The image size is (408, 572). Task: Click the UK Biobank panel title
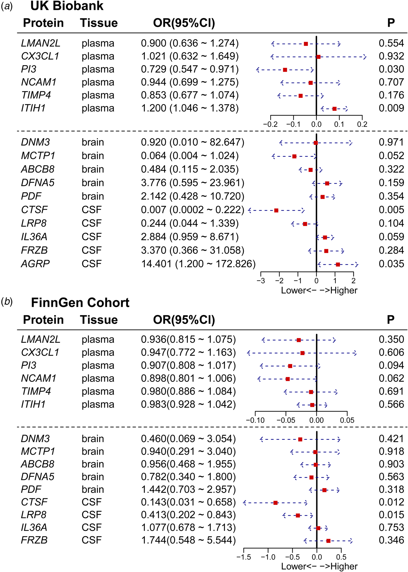click(67, 6)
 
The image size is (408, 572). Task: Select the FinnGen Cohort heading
click(80, 303)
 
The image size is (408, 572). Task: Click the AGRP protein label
click(35, 264)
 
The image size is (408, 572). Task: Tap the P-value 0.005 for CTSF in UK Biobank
click(391, 210)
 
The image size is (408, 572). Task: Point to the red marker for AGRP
click(338, 265)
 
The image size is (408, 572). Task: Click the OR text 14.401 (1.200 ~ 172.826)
click(198, 264)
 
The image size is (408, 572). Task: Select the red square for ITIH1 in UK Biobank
click(334, 109)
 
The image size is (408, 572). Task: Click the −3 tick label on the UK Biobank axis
click(261, 281)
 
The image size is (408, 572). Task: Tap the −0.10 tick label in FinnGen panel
click(255, 420)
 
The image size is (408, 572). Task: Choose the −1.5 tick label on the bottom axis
click(243, 557)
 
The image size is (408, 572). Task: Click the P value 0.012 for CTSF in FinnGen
click(391, 502)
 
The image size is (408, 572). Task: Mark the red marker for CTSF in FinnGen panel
click(275, 503)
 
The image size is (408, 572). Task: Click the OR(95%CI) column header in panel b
click(184, 320)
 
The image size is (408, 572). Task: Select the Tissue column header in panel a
click(99, 23)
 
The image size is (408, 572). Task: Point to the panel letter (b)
click(7, 302)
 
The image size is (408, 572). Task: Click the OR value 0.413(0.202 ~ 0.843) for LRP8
click(188, 515)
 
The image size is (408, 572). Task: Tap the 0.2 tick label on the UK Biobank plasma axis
click(362, 124)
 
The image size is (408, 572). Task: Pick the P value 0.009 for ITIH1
click(391, 108)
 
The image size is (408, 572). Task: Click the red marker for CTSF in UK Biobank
click(276, 210)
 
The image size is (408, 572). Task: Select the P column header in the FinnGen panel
click(390, 320)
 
